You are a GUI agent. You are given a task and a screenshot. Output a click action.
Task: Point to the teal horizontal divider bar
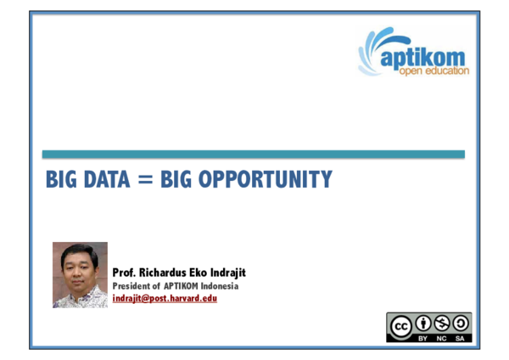[x=254, y=154]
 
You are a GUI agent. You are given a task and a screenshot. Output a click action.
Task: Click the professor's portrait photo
[x=80, y=275]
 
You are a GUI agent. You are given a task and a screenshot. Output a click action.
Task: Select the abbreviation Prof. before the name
[x=126, y=273]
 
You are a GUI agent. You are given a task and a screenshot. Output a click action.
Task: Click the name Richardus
[x=170, y=273]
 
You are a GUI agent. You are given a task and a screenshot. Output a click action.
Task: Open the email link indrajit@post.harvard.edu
[x=165, y=298]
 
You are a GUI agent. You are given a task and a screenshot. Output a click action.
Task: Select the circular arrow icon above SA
[x=461, y=323]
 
